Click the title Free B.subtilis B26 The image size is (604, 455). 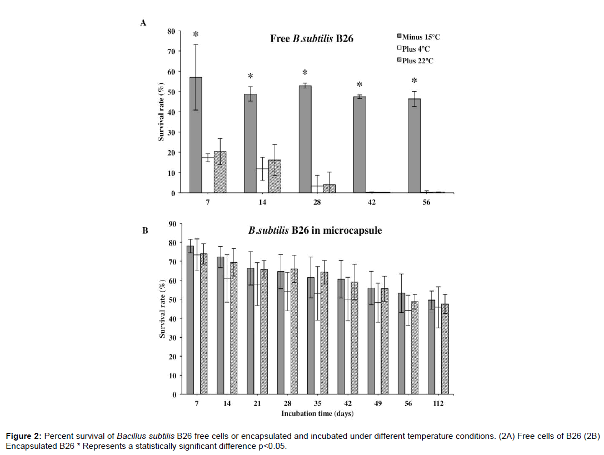(x=312, y=39)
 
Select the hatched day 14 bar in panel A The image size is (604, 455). (x=274, y=176)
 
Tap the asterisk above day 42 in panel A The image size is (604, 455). (x=360, y=85)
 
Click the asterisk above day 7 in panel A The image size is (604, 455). (x=196, y=35)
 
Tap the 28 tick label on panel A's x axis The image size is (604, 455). (x=316, y=203)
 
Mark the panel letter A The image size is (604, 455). (x=143, y=23)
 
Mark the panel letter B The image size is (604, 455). (x=145, y=230)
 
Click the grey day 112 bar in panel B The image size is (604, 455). (x=431, y=347)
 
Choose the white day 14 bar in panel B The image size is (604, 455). (x=227, y=336)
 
